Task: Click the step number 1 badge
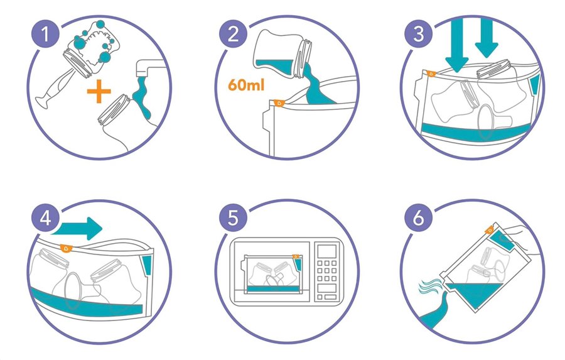coord(45,35)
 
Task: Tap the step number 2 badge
coord(233,35)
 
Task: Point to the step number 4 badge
coord(45,218)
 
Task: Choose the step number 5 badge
coord(233,218)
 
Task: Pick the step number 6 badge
coord(418,218)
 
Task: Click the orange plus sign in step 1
coord(99,91)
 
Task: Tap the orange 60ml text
coord(246,85)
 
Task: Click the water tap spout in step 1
coord(148,68)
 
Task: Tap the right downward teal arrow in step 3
coord(487,38)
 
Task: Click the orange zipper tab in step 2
coord(279,103)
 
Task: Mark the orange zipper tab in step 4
coord(66,248)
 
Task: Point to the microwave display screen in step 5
coord(327,251)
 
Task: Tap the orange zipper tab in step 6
coord(489,230)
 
